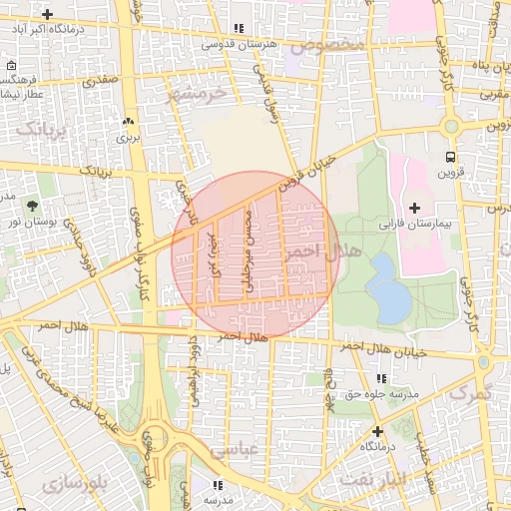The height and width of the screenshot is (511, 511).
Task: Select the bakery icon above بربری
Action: click(x=129, y=122)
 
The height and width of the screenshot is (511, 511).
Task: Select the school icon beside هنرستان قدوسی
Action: click(x=238, y=29)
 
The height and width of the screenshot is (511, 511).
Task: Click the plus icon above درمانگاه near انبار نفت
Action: click(x=377, y=431)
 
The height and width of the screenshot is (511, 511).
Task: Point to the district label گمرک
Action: click(x=470, y=392)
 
